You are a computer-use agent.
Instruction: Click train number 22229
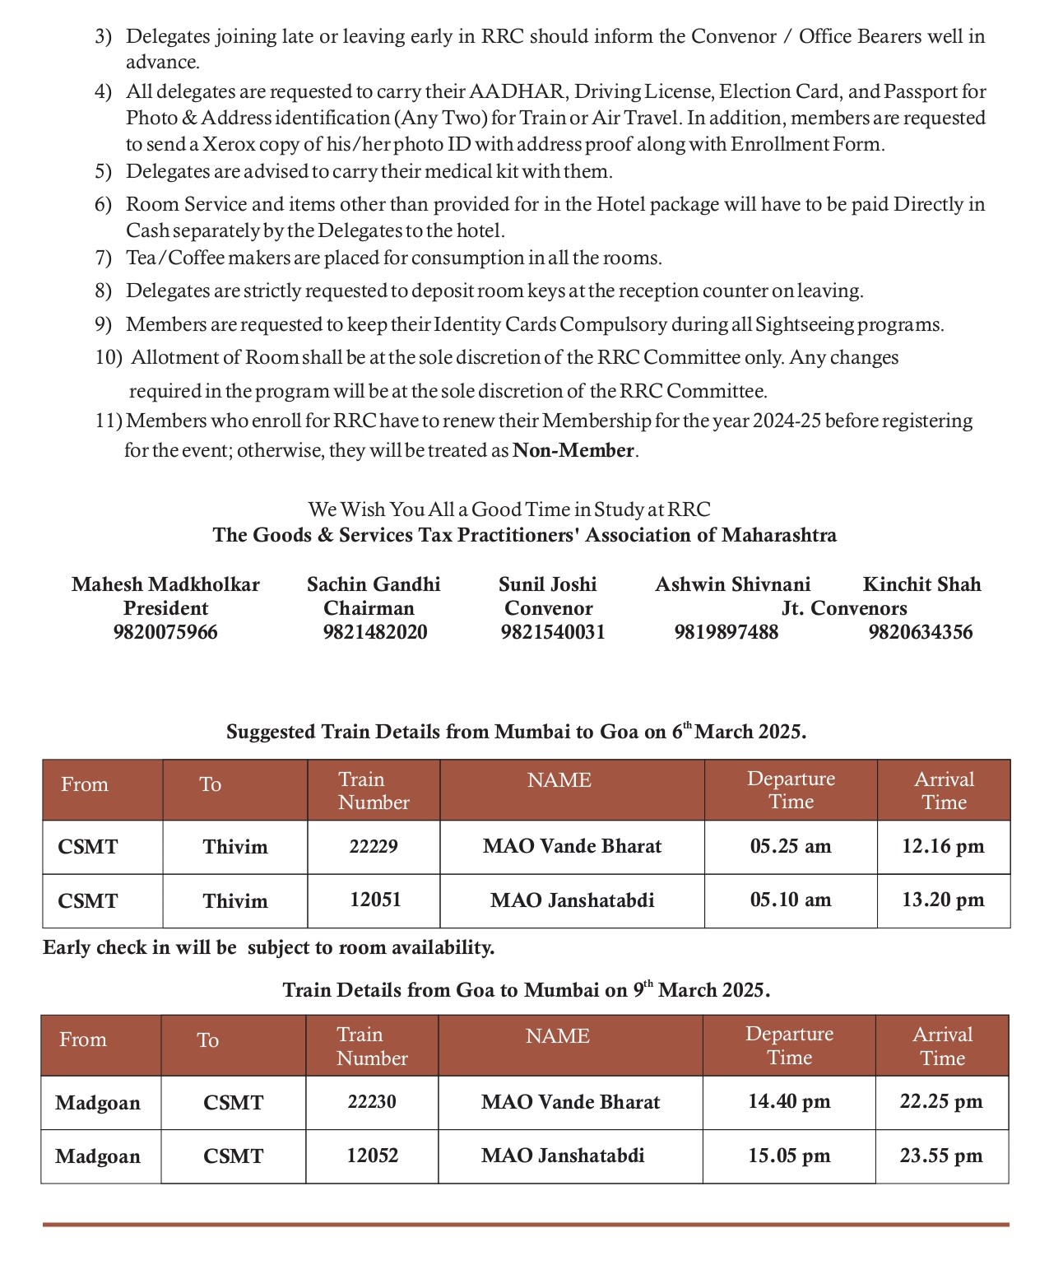[x=374, y=847]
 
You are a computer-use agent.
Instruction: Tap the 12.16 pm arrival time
[x=943, y=847]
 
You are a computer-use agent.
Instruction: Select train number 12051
[x=375, y=900]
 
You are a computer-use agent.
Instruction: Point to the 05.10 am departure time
[x=791, y=900]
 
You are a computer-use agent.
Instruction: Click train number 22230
[x=372, y=1102]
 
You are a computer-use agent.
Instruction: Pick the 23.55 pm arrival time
[x=941, y=1156]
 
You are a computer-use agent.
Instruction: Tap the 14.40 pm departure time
[x=789, y=1102]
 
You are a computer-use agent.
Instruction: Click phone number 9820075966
[x=165, y=632]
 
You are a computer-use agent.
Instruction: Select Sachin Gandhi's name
[x=374, y=584]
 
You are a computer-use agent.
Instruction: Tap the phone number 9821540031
[x=553, y=632]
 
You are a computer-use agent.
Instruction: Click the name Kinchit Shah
[x=921, y=584]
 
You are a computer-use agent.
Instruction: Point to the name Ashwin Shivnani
[x=732, y=584]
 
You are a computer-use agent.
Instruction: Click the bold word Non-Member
[x=573, y=450]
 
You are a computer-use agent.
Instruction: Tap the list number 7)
[x=103, y=258]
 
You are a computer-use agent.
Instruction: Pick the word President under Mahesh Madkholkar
[x=165, y=608]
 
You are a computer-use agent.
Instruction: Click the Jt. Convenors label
[x=844, y=608]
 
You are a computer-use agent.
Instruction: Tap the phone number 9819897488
[x=726, y=632]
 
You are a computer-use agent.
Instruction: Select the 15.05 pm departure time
[x=789, y=1156]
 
